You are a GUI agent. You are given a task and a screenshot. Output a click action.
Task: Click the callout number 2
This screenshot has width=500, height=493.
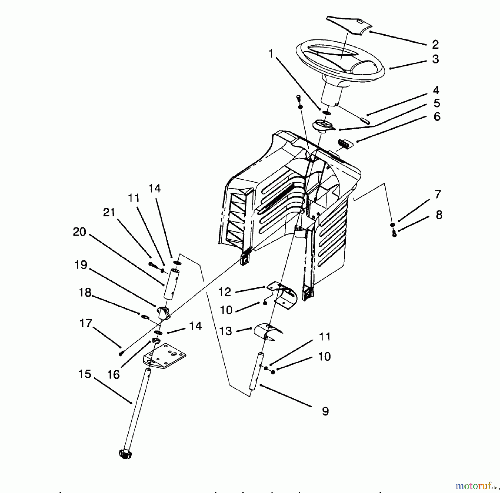point(435,44)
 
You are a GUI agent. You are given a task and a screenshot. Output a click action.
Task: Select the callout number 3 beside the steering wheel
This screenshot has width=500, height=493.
point(436,59)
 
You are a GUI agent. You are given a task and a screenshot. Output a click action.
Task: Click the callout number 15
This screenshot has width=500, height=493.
point(85,374)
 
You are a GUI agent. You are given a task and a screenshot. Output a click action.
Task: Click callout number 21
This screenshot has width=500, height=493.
point(109,213)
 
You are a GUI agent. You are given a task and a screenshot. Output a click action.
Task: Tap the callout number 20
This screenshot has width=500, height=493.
point(79,232)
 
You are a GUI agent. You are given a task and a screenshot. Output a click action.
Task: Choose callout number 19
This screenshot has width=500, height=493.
point(81,265)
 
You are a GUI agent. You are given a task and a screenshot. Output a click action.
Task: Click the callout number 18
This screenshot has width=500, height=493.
point(85,293)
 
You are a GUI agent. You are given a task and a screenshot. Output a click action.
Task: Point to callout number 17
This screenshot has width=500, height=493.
point(86,323)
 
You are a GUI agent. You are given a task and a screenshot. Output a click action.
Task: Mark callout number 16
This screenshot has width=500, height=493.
point(113,375)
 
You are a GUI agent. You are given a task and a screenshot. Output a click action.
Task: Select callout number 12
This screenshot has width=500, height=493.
point(225,292)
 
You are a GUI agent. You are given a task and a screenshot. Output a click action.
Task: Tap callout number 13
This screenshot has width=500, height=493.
point(226,331)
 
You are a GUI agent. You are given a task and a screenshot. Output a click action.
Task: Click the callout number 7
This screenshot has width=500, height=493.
point(438,195)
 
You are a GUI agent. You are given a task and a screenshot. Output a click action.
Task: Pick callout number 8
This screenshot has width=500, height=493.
point(439,215)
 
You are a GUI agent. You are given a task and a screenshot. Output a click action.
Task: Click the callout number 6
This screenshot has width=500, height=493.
point(437,117)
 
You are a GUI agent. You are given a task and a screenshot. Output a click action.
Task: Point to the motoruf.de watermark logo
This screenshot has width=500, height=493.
point(476,486)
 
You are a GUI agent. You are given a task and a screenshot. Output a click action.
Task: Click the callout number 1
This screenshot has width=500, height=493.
point(271,54)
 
